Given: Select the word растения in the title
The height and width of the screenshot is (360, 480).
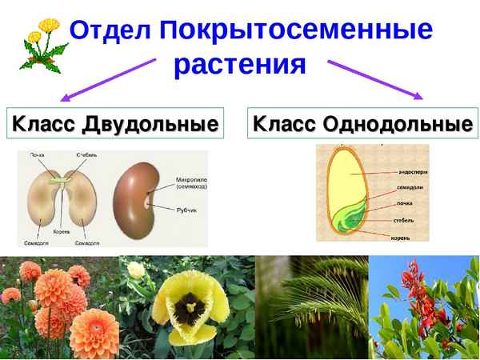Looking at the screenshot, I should coord(240,64).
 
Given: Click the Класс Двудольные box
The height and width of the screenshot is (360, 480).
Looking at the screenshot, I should coord(114,125).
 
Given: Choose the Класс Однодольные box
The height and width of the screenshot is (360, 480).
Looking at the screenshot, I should coord(362,125).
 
